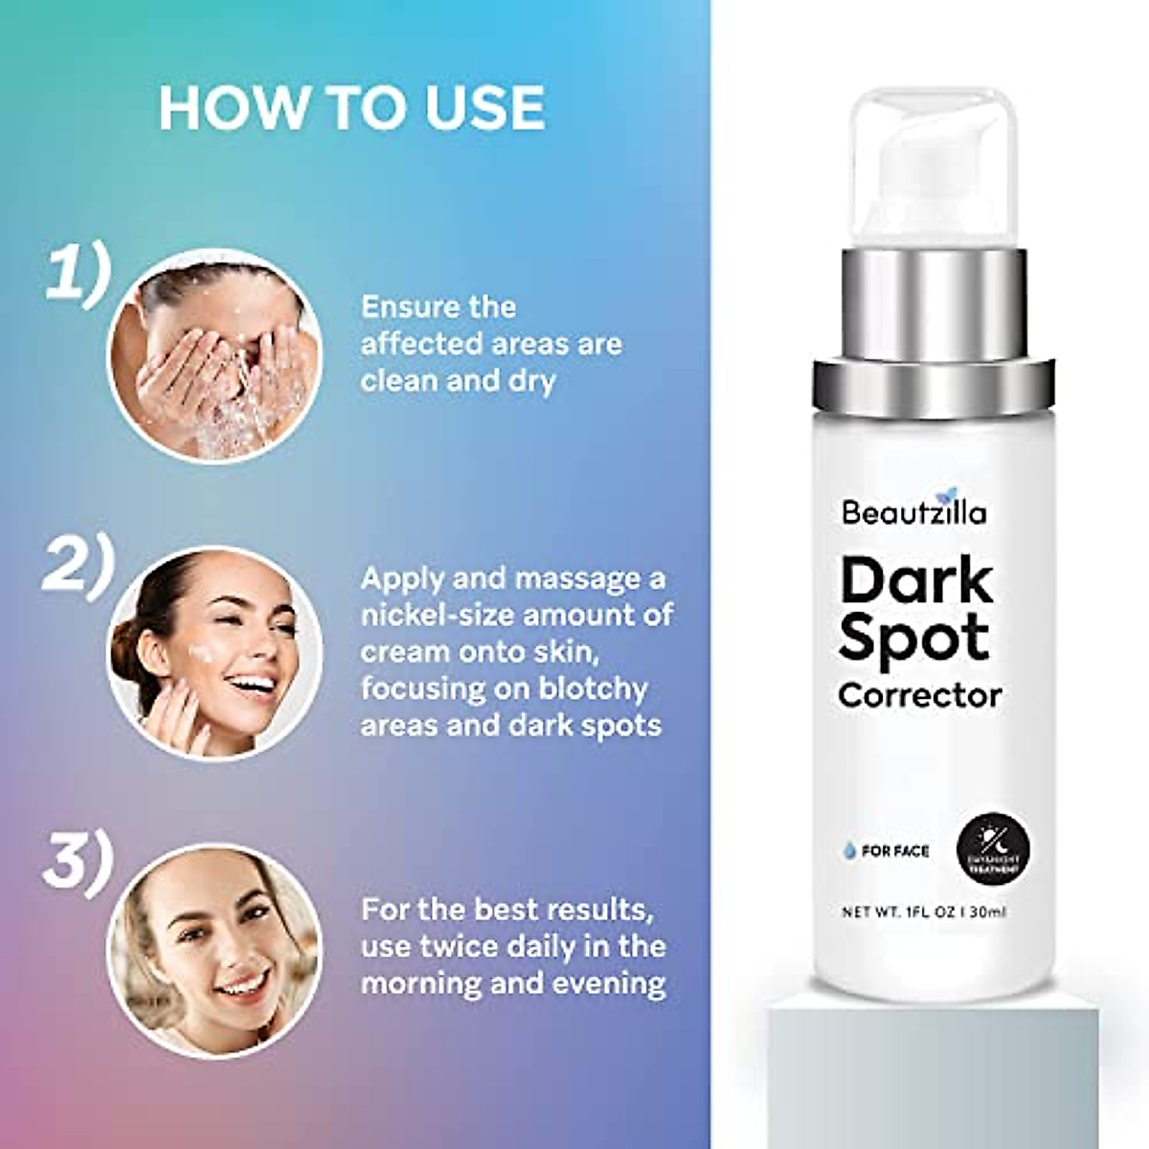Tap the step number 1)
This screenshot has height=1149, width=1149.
click(x=79, y=275)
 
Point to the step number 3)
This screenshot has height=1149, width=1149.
click(x=78, y=867)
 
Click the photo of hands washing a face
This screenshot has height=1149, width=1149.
click(x=214, y=355)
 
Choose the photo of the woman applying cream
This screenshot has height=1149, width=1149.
click(x=214, y=653)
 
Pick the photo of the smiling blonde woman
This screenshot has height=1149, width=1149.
click(x=214, y=951)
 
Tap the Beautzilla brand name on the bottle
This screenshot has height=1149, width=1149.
click(x=913, y=512)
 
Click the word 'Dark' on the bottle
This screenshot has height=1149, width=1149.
click(x=916, y=581)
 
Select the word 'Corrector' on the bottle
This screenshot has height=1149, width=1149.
click(x=919, y=695)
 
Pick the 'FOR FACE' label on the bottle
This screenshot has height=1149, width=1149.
click(x=893, y=850)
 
